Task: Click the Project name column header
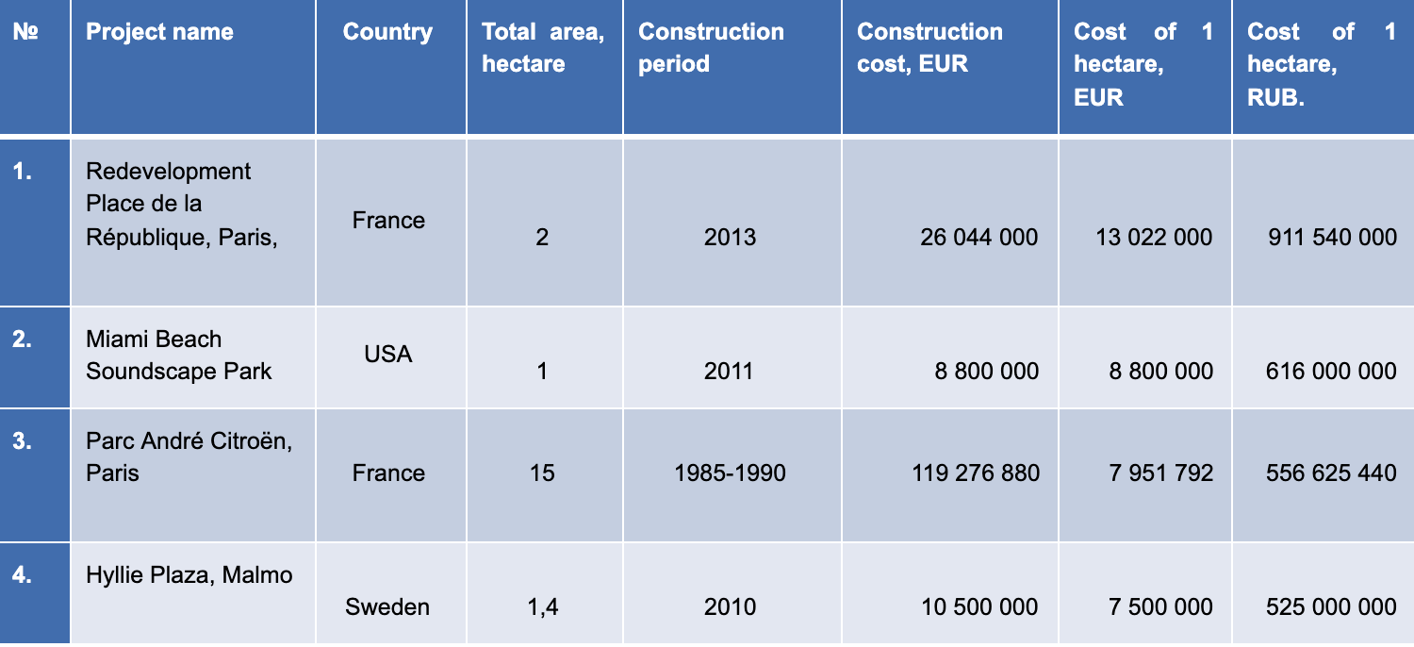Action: coord(159,32)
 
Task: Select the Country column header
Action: coord(387,32)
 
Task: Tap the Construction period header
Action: coord(711,48)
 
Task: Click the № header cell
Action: coord(25,32)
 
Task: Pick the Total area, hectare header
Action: coord(543,48)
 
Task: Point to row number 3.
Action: coord(23,440)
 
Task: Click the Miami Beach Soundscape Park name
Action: coord(178,356)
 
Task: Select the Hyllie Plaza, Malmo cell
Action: coord(189,574)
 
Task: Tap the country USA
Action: coord(388,356)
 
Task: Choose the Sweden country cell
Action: coord(387,606)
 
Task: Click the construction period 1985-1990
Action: coord(730,473)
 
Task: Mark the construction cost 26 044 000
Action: coord(978,237)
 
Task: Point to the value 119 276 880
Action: coord(976,473)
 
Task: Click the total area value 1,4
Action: coord(542,606)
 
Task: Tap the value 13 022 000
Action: coord(1154,237)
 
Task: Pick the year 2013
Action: coord(730,237)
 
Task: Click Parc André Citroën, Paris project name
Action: coord(189,456)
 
